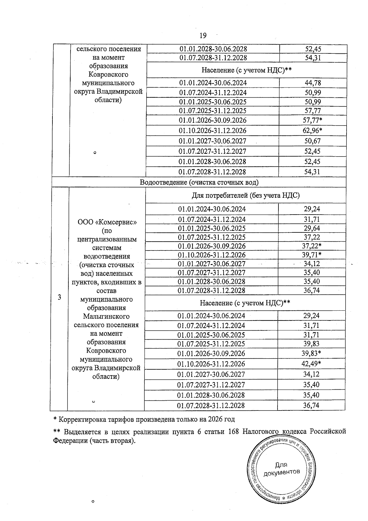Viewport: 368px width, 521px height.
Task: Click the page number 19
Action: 203,36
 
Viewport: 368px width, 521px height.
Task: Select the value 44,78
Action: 313,83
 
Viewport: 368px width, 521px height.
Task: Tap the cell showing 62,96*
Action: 312,131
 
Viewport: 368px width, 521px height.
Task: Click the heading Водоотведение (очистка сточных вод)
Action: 199,182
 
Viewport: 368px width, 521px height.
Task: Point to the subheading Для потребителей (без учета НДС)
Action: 246,196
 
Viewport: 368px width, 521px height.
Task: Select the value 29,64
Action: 312,228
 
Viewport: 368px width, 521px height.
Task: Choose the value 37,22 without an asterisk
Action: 312,237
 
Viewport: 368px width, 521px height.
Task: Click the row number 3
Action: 59,297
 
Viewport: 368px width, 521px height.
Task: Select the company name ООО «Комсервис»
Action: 107,222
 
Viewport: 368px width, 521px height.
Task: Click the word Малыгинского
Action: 106,317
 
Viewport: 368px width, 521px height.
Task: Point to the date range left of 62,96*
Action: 213,131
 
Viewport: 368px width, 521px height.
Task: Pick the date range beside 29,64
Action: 212,228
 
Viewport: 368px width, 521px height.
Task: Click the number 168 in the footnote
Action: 234,432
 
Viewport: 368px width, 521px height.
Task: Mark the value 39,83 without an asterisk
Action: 311,344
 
